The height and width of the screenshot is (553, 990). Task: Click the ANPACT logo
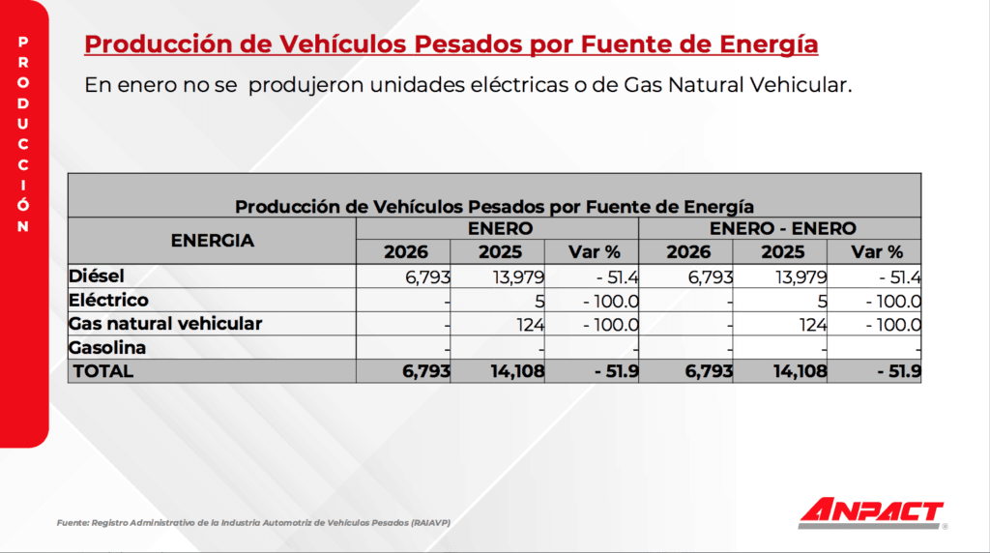click(x=871, y=512)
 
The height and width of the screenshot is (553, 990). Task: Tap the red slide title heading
click(x=451, y=44)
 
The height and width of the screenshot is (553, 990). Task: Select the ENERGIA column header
click(x=212, y=241)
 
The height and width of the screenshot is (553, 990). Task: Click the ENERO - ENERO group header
click(x=782, y=229)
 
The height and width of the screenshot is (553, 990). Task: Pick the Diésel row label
click(x=98, y=276)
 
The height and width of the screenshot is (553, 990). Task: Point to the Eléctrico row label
click(x=108, y=300)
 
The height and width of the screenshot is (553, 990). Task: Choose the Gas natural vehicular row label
click(x=165, y=324)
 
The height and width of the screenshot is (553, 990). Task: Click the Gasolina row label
click(x=107, y=347)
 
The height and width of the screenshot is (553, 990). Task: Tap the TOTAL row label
click(x=103, y=370)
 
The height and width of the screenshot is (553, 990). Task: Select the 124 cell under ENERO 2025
click(x=530, y=325)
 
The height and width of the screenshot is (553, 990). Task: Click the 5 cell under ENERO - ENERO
click(x=822, y=301)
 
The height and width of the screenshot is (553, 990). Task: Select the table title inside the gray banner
click(x=494, y=206)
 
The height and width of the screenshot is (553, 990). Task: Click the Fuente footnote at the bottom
click(x=254, y=523)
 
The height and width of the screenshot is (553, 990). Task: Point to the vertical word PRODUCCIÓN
click(x=23, y=134)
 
